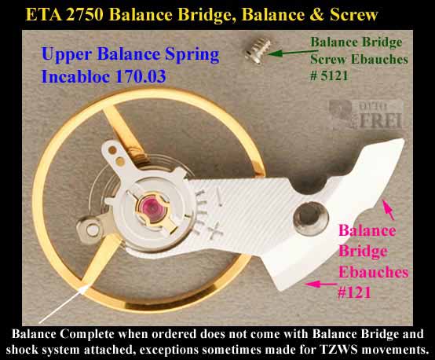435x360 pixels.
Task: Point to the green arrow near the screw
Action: [x=293, y=53]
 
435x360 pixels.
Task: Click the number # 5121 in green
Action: [x=329, y=75]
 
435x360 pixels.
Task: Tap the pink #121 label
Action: [x=354, y=292]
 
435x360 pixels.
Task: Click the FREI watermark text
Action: [x=381, y=121]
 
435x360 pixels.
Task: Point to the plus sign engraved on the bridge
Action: [x=215, y=230]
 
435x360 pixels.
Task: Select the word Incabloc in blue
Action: [x=75, y=76]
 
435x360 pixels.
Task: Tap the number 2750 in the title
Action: [x=85, y=15]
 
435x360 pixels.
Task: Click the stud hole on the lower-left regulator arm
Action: [x=93, y=230]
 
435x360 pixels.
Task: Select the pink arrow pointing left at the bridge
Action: [x=320, y=285]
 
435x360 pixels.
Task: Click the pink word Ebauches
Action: [x=374, y=272]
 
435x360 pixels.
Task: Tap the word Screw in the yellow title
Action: [x=353, y=15]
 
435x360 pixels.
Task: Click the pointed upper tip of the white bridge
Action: [x=402, y=141]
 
